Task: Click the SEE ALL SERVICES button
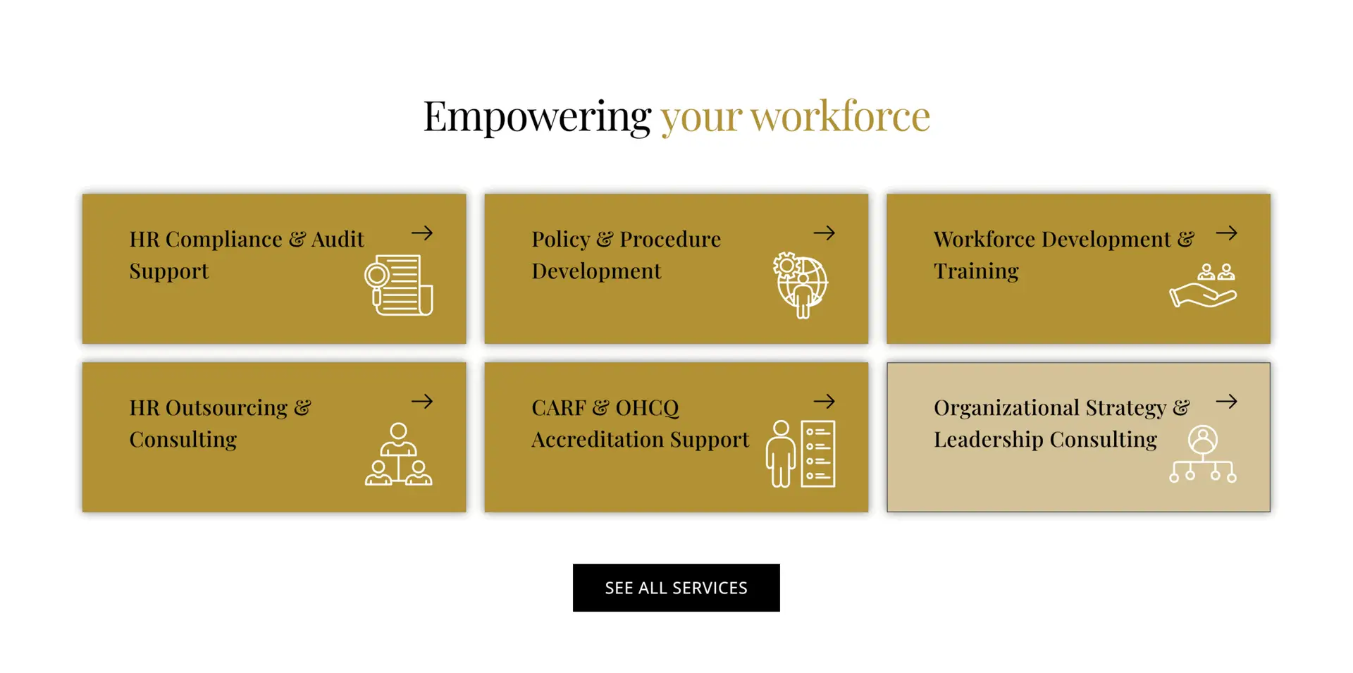tap(676, 588)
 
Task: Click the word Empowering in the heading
tap(537, 116)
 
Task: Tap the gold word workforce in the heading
tap(840, 116)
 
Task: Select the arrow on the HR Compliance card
tap(422, 233)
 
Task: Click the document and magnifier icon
tap(399, 285)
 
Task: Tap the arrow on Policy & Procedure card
tap(824, 233)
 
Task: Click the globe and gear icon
tap(801, 285)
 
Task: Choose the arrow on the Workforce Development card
tap(1227, 233)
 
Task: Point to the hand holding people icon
tap(1204, 285)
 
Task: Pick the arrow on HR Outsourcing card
tap(422, 401)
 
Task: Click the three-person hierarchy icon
tap(399, 454)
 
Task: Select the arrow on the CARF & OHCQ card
tap(824, 401)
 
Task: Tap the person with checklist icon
tap(801, 454)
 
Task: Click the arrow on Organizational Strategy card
tap(1227, 401)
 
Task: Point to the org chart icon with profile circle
tap(1203, 454)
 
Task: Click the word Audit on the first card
tap(338, 239)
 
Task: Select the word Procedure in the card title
tap(670, 239)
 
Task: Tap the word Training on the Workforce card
tap(976, 271)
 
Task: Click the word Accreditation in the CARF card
tap(598, 439)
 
